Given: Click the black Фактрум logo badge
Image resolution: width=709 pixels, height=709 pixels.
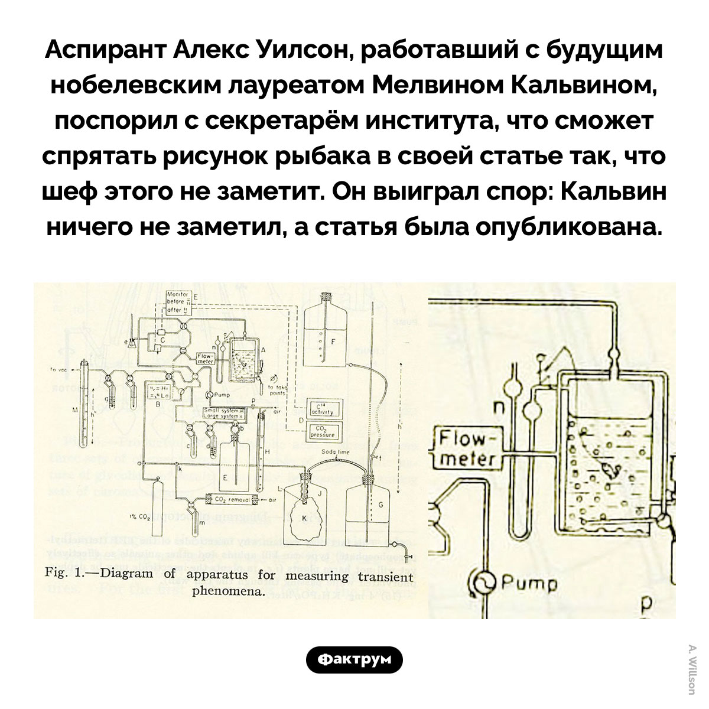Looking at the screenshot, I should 354,660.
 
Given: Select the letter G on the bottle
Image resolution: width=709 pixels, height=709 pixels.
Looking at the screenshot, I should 380,503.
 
